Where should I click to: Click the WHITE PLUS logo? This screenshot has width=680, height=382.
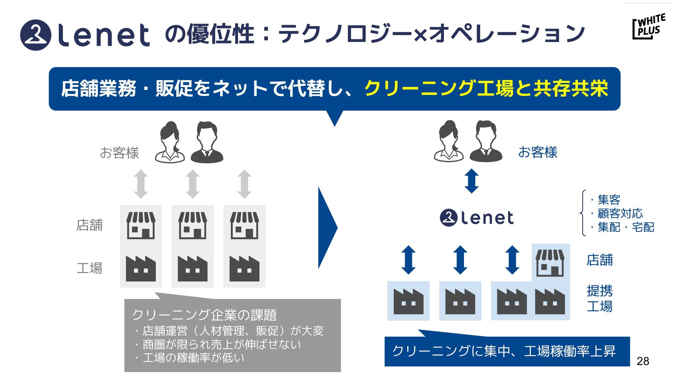tap(649, 27)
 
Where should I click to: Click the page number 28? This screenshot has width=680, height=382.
tap(643, 361)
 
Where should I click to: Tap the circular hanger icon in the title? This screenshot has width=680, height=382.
tap(36, 35)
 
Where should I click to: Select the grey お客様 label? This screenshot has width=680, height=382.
tap(119, 153)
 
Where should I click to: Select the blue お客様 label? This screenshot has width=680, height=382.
tap(538, 152)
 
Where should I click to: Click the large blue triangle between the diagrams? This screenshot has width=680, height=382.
tap(327, 228)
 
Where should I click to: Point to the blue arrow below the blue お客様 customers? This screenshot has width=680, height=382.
tap(471, 181)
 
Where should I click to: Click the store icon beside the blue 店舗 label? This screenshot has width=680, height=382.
tap(550, 263)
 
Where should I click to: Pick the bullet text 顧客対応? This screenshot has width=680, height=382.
tap(620, 213)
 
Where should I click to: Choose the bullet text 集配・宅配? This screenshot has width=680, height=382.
tap(625, 227)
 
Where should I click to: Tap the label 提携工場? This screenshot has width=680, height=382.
tap(600, 298)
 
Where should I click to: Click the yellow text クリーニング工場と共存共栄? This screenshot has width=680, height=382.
tap(486, 88)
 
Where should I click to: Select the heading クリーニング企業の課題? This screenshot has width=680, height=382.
tap(204, 314)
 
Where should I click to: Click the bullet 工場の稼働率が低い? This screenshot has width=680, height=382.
tap(193, 358)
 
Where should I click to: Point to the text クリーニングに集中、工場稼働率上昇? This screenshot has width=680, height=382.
tap(504, 351)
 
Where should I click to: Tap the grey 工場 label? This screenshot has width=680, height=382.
tap(90, 268)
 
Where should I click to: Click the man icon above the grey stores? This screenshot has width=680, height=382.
tap(207, 142)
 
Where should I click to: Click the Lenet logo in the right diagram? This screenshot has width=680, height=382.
tap(477, 218)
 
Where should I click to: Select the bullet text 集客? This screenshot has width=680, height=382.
tap(608, 199)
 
